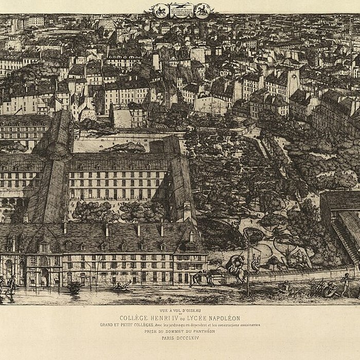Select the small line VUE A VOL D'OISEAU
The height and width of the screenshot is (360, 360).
pyautogui.click(x=179, y=311)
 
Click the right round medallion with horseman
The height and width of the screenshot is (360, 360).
pyautogui.click(x=202, y=10)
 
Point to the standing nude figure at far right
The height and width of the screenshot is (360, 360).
pyautogui.click(x=347, y=283)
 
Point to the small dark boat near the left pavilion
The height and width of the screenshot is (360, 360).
pyautogui.click(x=74, y=288)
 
